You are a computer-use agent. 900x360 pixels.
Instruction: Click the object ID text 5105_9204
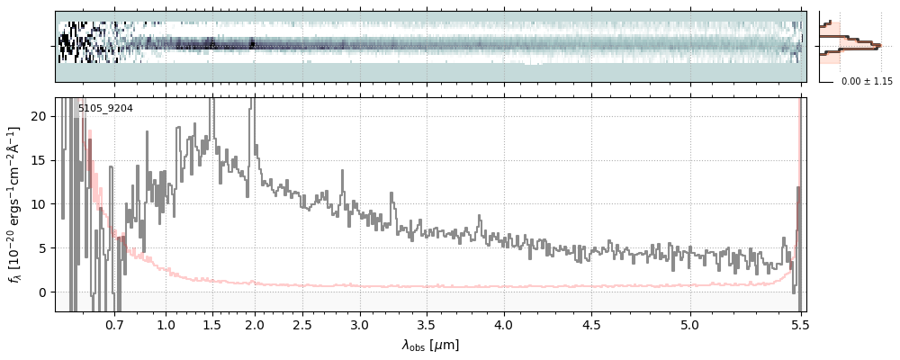pos(105,108)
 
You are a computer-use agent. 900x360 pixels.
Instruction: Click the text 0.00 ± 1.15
pos(867,82)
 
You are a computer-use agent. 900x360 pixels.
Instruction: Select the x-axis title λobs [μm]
pos(430,345)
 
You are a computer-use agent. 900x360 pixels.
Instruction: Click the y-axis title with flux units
pos(15,204)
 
